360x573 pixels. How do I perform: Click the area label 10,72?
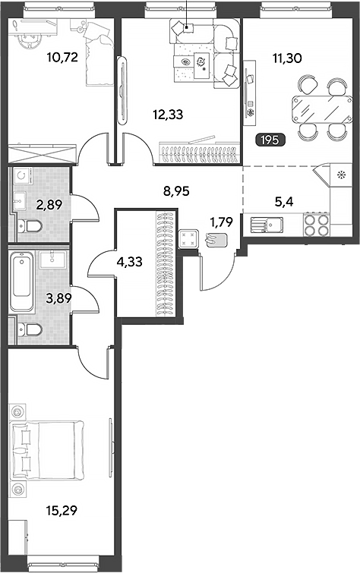[62, 58]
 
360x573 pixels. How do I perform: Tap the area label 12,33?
[168, 115]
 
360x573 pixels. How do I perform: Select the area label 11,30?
[287, 58]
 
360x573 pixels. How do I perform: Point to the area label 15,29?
[62, 511]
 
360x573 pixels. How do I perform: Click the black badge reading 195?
[270, 140]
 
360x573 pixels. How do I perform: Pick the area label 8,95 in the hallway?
[176, 190]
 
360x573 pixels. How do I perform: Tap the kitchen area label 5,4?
[284, 201]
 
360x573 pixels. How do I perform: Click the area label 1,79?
[221, 222]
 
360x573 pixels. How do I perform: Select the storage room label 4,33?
[130, 262]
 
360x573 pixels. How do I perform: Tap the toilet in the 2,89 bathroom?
[30, 227]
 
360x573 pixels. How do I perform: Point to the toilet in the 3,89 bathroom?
[30, 330]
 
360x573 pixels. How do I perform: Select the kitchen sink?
[267, 225]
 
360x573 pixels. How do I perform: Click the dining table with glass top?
[322, 109]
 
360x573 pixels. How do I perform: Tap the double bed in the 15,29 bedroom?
[47, 449]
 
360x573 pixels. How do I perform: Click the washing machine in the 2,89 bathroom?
[23, 177]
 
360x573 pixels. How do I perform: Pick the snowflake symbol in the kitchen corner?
[342, 175]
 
